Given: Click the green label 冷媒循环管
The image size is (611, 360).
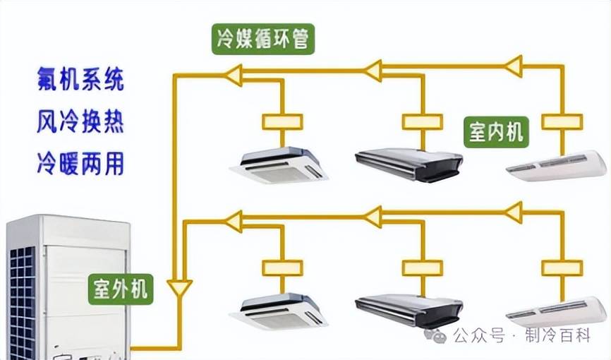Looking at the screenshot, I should [262, 40].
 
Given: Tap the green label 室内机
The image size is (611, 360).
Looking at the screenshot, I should [497, 131].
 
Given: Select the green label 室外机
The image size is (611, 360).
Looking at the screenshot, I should [121, 289].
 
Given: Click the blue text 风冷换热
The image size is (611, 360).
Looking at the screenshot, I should [80, 122].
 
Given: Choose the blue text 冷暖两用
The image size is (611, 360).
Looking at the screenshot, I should [80, 164].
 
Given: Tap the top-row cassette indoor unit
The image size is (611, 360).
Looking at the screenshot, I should [279, 165].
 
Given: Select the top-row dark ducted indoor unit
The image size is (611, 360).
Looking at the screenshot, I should [409, 164].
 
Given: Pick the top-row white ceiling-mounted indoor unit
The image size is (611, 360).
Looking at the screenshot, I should [557, 167].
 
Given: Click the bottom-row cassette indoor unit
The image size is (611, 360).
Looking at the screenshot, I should [280, 311].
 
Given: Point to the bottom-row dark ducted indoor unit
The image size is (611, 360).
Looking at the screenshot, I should [409, 311].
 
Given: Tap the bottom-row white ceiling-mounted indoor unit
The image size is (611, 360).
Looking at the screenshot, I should [557, 311].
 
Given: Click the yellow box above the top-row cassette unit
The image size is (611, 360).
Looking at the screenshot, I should [282, 121].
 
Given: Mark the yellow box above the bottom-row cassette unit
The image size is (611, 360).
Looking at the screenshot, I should [282, 268].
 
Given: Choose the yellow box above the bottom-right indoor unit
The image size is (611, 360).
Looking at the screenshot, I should [562, 268].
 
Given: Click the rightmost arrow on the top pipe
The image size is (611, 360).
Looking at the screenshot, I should [514, 66].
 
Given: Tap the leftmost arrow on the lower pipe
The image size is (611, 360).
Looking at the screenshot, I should [234, 221].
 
